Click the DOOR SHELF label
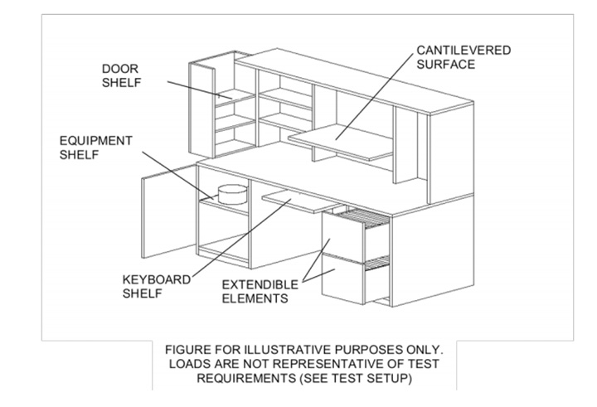tap(121, 75)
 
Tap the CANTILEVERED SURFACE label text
tap(464, 57)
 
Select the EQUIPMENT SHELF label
tap(95, 148)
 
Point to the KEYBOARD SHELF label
tap(156, 286)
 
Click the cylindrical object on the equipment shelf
tap(232, 194)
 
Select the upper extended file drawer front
tap(342, 237)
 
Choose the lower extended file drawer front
tap(342, 279)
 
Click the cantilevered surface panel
tap(340, 143)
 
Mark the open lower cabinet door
tap(168, 211)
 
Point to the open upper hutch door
tap(201, 110)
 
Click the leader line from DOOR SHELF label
tap(200, 90)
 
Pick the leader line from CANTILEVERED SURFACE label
tap(374, 97)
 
